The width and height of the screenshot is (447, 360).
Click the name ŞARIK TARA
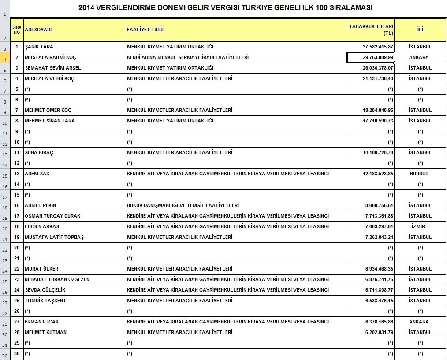coord(39,47)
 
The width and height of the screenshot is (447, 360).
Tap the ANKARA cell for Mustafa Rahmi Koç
coord(419,57)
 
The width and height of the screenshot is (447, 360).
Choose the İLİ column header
coord(420,30)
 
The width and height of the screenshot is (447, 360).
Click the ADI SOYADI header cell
coord(38,30)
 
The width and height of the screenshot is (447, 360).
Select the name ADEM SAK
coord(37,174)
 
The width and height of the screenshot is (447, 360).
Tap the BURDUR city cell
coord(419,174)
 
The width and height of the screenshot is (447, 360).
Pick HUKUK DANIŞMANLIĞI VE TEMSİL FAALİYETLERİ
coord(183,205)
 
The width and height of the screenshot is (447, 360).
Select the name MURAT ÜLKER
coord(41,269)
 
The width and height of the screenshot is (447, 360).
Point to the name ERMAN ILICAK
coord(41,322)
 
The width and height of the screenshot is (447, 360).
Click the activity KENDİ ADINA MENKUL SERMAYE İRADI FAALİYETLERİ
coord(187,57)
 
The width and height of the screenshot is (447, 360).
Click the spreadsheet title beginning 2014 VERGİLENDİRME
coord(225,8)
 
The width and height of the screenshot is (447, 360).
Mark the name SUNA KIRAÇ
coord(39,152)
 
